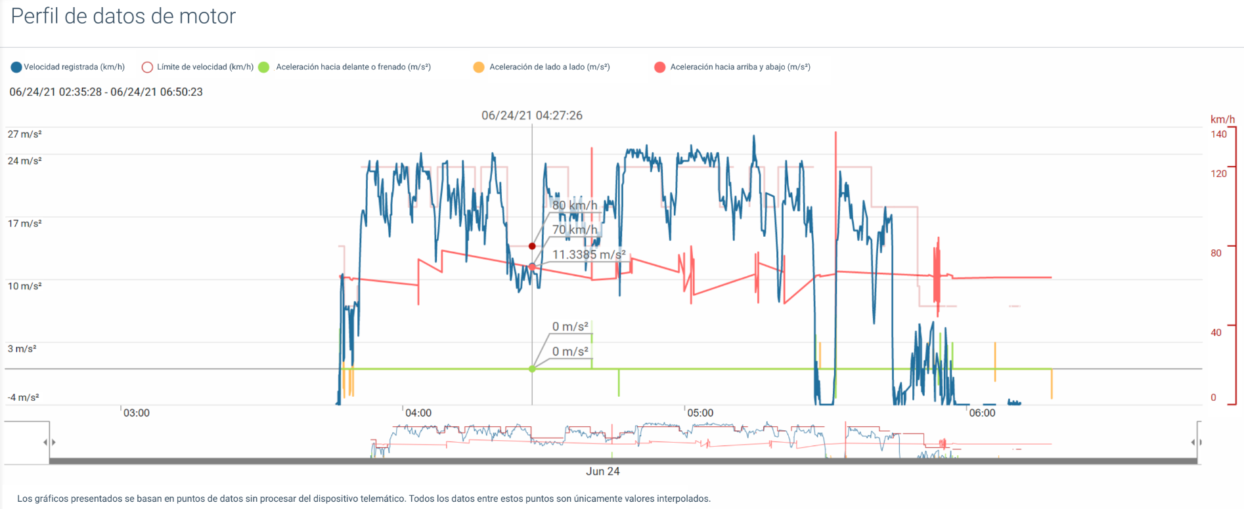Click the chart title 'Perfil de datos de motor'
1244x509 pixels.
coord(123,16)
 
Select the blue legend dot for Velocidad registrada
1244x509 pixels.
coord(16,67)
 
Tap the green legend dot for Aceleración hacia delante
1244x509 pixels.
coord(264,67)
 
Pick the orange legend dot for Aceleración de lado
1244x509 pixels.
coord(479,67)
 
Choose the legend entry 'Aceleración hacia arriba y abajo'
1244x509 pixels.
coord(740,67)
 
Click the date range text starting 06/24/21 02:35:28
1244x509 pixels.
coord(106,92)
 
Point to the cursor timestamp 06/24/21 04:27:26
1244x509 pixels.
coord(531,115)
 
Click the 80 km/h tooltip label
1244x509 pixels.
coord(575,205)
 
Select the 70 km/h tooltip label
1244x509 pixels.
coord(575,230)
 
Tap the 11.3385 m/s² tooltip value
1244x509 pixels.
coord(589,254)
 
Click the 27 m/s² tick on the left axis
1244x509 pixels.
coord(24,134)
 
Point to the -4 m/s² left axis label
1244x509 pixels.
coord(23,397)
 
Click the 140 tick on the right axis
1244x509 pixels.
coord(1218,134)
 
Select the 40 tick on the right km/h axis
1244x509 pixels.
coord(1216,333)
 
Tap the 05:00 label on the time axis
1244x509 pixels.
coord(700,413)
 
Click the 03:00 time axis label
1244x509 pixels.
coord(137,413)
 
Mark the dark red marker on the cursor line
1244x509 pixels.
coord(532,246)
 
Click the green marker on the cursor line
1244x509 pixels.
coord(532,369)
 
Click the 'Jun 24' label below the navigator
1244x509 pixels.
coord(602,472)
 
